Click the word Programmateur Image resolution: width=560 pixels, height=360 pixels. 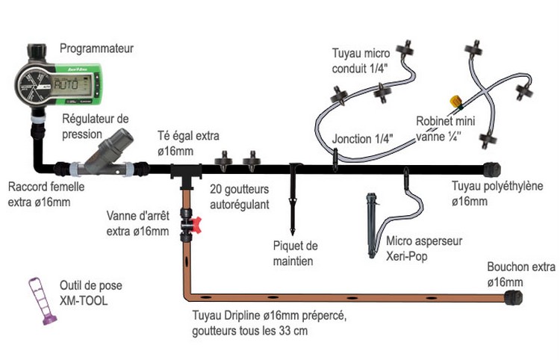[98, 49]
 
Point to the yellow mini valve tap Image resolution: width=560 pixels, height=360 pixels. [453, 99]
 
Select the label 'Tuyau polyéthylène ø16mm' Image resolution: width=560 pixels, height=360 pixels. [497, 193]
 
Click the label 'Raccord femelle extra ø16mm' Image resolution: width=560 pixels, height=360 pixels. [47, 194]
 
